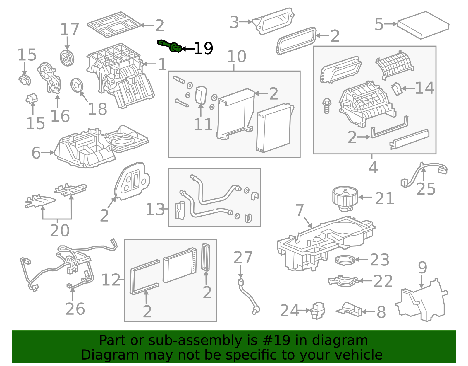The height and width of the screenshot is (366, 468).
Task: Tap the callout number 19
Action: pyautogui.click(x=204, y=49)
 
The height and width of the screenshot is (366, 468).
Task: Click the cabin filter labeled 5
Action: pyautogui.click(x=423, y=25)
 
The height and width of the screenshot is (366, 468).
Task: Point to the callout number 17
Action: pyautogui.click(x=69, y=30)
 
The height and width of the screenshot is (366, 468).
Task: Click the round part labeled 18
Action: pyautogui.click(x=77, y=85)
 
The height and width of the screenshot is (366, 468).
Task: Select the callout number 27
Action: pyautogui.click(x=243, y=258)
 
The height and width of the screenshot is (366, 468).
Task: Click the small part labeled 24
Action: pyautogui.click(x=317, y=310)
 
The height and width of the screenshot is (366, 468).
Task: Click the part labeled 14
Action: pyautogui.click(x=396, y=89)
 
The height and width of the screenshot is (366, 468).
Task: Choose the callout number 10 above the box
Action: pyautogui.click(x=236, y=56)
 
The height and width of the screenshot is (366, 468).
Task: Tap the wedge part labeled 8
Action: pyautogui.click(x=350, y=309)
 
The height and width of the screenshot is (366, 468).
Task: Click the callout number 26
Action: pyautogui.click(x=75, y=309)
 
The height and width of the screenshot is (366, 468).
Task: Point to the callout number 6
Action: pyautogui.click(x=36, y=153)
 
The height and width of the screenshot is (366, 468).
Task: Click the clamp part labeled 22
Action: pyautogui.click(x=343, y=281)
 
